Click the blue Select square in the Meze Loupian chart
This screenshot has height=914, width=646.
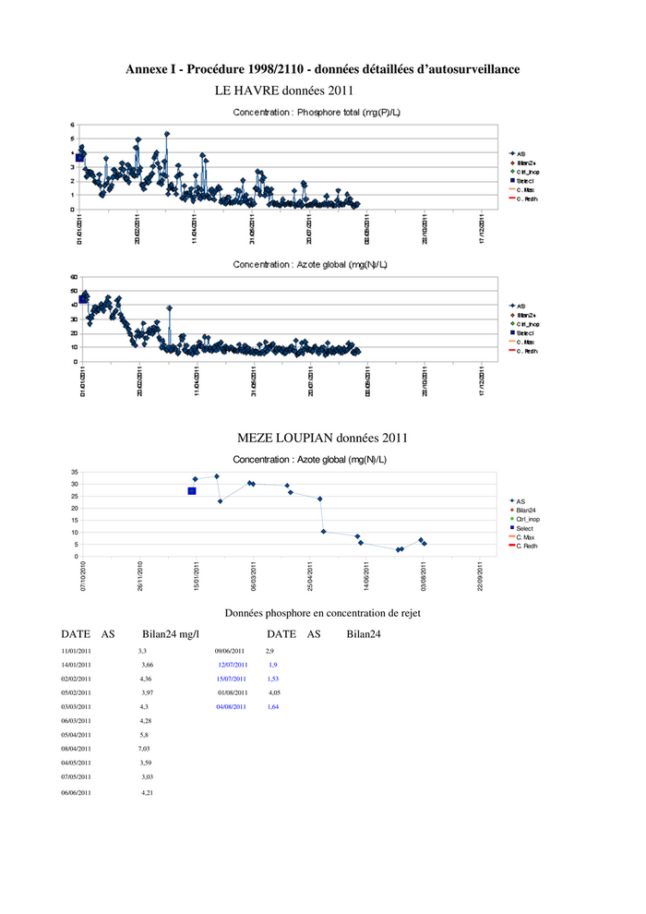click(192, 491)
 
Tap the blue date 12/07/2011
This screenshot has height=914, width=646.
click(233, 665)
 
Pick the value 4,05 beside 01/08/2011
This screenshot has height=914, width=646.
click(274, 692)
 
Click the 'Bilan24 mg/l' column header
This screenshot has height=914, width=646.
click(171, 634)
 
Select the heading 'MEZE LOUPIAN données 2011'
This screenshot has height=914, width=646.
click(322, 438)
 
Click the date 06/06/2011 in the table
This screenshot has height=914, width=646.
click(76, 792)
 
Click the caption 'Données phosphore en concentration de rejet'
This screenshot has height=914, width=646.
click(324, 612)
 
